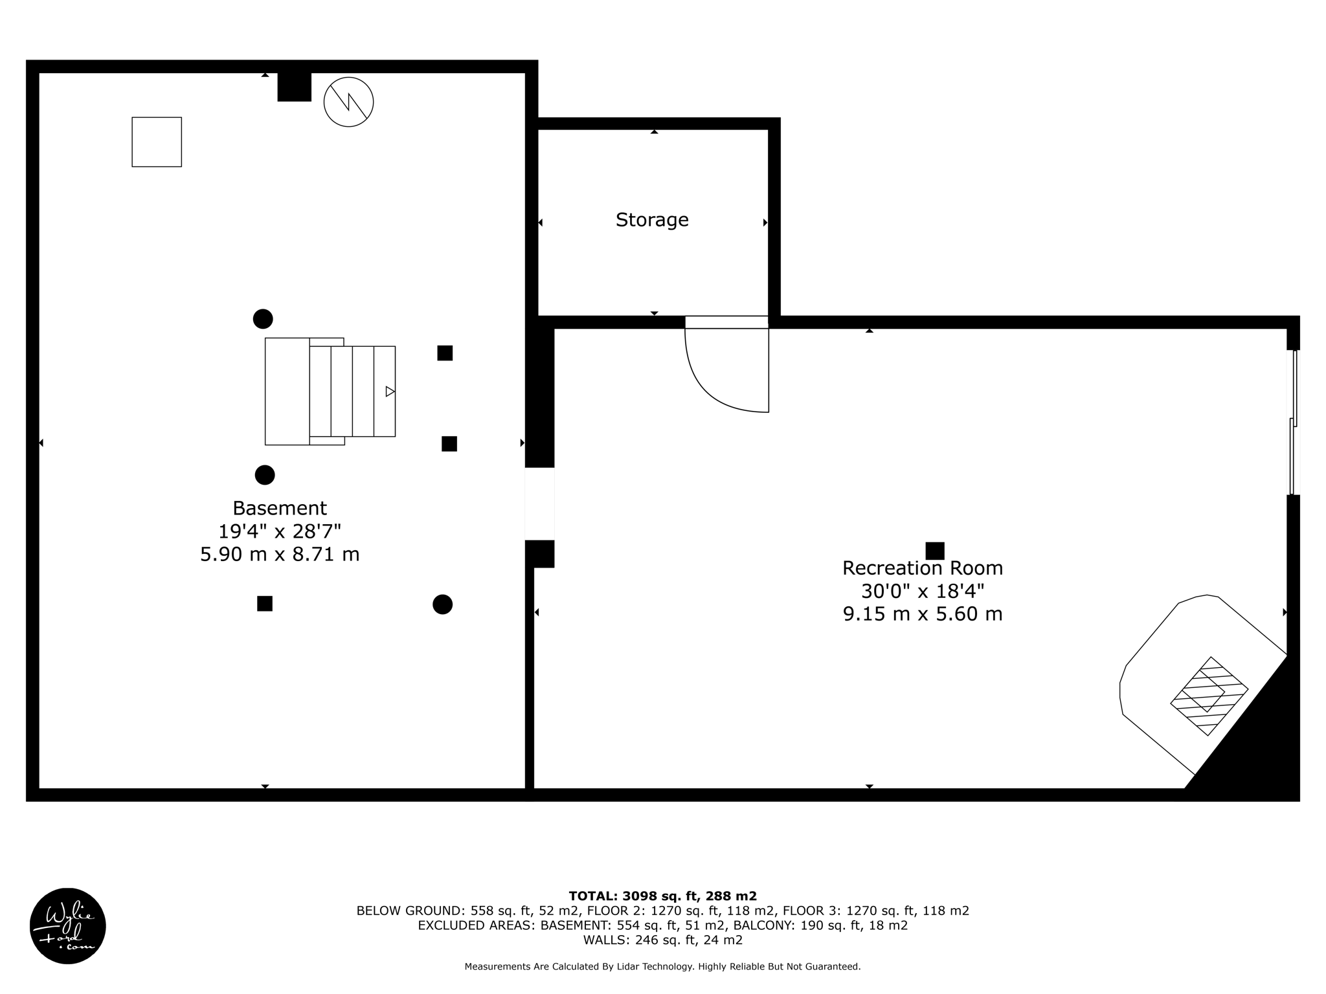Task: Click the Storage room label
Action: click(x=651, y=220)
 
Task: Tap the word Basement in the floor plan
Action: click(x=280, y=508)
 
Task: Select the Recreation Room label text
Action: click(x=922, y=568)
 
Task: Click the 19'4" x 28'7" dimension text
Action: click(x=280, y=531)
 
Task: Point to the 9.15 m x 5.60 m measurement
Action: click(x=922, y=613)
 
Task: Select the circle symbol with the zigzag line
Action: click(x=348, y=102)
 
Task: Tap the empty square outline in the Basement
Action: click(x=157, y=142)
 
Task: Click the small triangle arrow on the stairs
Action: click(x=390, y=392)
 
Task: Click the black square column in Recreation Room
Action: click(x=934, y=551)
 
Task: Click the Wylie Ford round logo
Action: click(x=68, y=925)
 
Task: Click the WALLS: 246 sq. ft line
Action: click(x=662, y=940)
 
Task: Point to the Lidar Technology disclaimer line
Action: click(x=662, y=967)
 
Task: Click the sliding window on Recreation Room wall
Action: click(x=1294, y=423)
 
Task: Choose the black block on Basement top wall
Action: click(x=294, y=87)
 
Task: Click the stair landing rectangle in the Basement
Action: click(x=287, y=392)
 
